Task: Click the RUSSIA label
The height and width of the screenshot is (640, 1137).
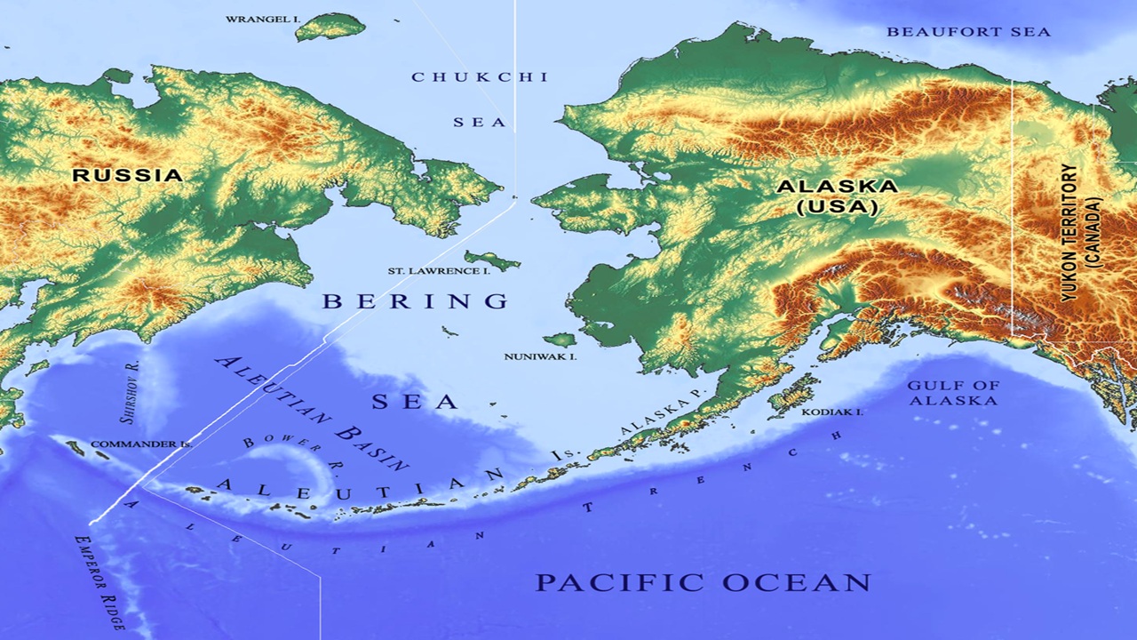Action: pos(127,175)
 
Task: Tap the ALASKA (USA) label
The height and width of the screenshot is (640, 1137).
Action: pos(837,196)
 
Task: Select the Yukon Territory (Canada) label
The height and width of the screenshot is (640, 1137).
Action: pos(1081,231)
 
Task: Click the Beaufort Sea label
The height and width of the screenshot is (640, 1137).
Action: pos(968,32)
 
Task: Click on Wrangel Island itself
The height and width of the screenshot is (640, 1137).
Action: pos(330,28)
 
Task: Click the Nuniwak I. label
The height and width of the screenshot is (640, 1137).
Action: pos(541,356)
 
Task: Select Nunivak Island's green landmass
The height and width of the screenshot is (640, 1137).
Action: pos(561,340)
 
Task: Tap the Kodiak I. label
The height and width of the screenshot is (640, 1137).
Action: pos(832,412)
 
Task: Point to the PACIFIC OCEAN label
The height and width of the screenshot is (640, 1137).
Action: pos(703,583)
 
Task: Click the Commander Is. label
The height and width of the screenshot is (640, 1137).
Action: pos(141,444)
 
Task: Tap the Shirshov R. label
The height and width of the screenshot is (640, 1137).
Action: pos(129,392)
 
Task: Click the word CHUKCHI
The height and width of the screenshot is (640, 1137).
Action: pos(480,77)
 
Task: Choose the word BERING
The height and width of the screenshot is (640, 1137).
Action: pos(416,301)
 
